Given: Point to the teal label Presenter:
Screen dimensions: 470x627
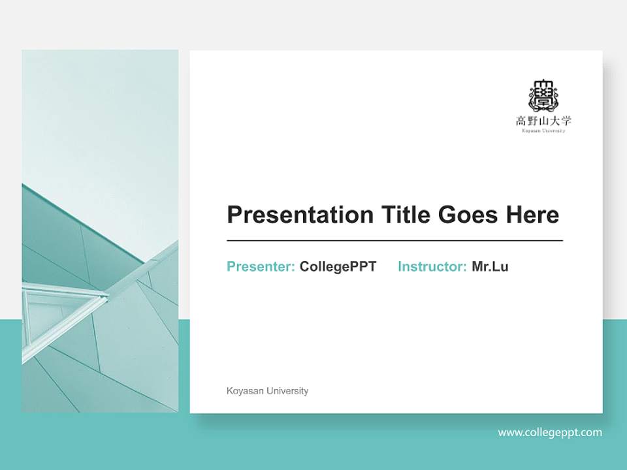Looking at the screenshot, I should tap(261, 266).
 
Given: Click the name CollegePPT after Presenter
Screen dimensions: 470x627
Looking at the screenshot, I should tap(338, 266).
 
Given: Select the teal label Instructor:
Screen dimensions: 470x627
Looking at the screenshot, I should tap(432, 266).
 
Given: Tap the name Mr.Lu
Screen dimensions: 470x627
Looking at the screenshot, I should tap(490, 266).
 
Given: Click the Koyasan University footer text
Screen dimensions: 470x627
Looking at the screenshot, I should tap(267, 391).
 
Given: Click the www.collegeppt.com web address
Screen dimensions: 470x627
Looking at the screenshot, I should tap(550, 432).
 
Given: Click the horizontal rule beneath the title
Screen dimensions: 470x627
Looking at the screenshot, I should tap(394, 241).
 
